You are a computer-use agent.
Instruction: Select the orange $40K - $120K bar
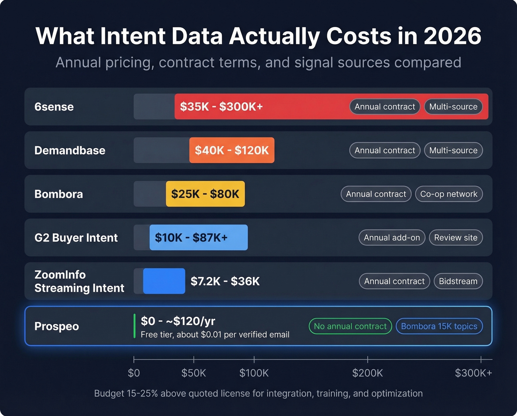[232, 150]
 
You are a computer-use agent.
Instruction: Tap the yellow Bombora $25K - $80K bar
[205, 194]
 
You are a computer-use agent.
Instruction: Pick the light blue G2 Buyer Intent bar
[198, 237]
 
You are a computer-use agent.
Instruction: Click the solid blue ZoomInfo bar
[164, 281]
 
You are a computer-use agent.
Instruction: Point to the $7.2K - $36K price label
[225, 281]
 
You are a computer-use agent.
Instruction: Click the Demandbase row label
[70, 150]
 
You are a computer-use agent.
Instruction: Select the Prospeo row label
[57, 326]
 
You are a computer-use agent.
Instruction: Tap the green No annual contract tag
[350, 326]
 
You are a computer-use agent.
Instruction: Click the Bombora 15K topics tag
[439, 326]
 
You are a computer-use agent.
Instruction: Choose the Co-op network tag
[449, 194]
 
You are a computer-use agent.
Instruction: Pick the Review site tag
[456, 238]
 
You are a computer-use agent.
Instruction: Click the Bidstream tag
[458, 281]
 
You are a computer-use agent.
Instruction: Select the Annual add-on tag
[392, 238]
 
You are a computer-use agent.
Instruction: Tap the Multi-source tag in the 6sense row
[453, 107]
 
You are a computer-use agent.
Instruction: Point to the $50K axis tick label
[194, 373]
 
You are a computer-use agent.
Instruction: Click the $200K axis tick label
[367, 373]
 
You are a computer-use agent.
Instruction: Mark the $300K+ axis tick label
[473, 373]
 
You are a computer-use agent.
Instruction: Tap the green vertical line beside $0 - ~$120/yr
[134, 326]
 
